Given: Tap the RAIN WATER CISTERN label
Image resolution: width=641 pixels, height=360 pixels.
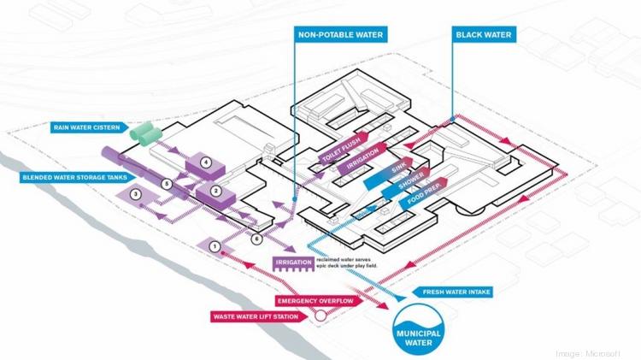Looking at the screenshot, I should (x=83, y=127).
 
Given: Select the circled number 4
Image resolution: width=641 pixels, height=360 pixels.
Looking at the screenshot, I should (x=205, y=161).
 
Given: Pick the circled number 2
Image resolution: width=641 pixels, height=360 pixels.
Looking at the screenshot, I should (x=216, y=191).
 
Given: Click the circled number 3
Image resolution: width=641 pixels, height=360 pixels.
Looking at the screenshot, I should (x=135, y=195).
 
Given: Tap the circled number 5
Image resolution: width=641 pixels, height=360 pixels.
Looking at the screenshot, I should (x=168, y=183).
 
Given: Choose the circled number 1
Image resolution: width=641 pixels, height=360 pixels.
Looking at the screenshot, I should (x=215, y=247).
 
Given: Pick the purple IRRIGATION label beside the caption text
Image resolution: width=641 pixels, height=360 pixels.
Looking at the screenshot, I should (x=292, y=263).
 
